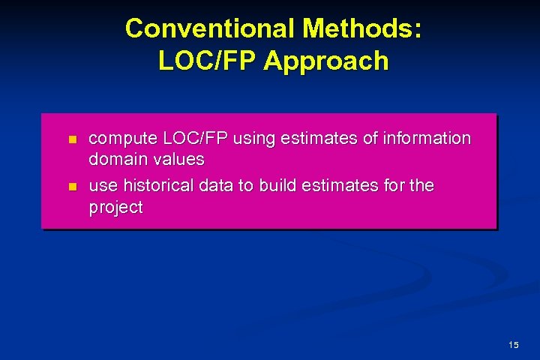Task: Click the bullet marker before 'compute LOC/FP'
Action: [72, 139]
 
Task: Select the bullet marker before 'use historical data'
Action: [72, 185]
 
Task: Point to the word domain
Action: [116, 159]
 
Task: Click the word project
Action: [115, 207]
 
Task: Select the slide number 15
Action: [513, 345]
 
